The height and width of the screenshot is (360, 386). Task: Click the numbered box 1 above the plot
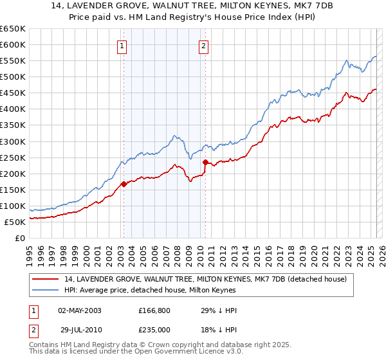122,46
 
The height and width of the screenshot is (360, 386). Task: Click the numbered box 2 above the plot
203,46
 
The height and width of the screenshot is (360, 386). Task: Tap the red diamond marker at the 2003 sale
124,184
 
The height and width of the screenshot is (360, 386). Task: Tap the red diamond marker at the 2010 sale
205,162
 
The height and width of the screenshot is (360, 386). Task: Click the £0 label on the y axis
20,238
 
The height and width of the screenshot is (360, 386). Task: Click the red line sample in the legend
46,279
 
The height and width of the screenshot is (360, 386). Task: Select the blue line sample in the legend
46,291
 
